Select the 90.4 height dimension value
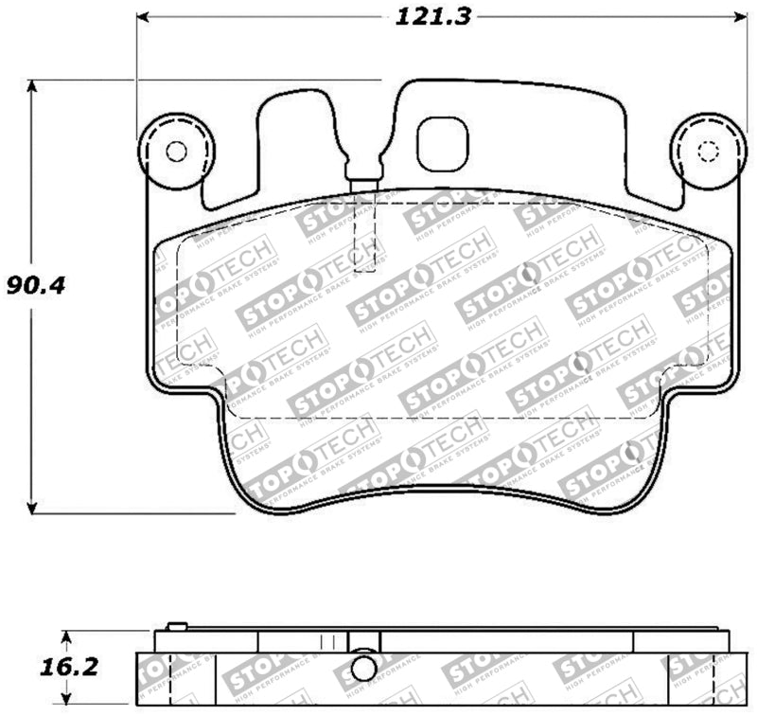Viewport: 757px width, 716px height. pyautogui.click(x=35, y=285)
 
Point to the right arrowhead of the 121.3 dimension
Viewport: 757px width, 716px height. pyautogui.click(x=738, y=17)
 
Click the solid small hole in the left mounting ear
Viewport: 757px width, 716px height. pyautogui.click(x=176, y=152)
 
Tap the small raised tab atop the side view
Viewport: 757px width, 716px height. pyautogui.click(x=174, y=625)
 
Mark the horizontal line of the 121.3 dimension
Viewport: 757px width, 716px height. pyautogui.click(x=284, y=17)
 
